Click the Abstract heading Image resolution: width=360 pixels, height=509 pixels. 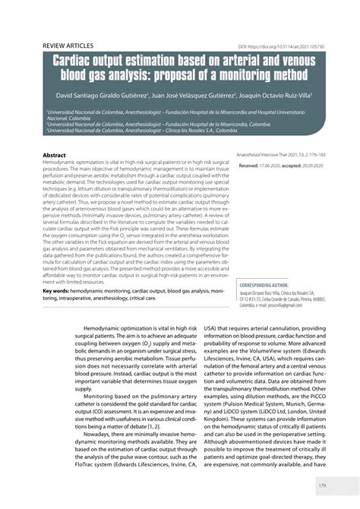pos(57,154)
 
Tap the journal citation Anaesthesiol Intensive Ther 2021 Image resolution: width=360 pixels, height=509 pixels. pos(281,153)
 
